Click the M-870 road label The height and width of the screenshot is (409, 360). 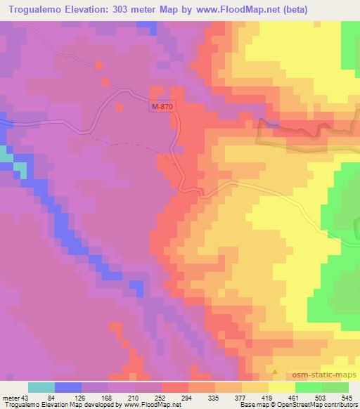[162, 106]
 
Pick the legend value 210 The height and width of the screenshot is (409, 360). [148, 397]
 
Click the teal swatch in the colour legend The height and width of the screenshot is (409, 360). [41, 387]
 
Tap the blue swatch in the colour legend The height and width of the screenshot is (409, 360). [68, 387]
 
